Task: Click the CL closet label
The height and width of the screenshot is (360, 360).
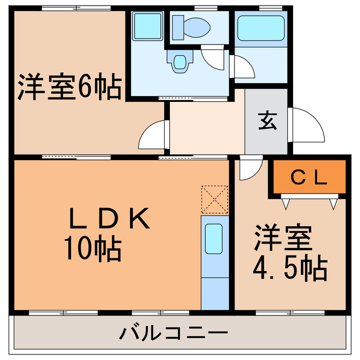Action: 309,178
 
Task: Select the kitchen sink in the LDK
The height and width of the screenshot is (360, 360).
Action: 214,238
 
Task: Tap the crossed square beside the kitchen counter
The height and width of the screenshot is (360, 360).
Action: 214,200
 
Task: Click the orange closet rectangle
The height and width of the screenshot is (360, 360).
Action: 309,177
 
